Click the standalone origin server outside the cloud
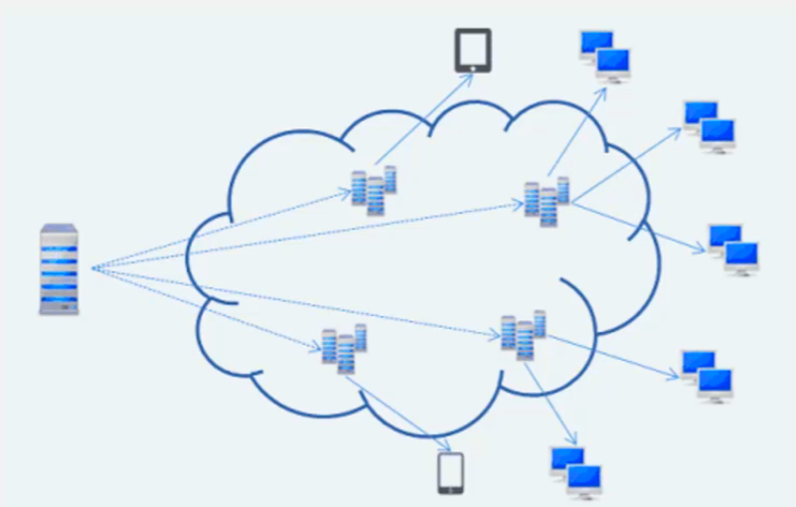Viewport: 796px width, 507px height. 59,269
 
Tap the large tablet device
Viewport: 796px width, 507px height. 474,50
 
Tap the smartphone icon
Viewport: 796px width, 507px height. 451,473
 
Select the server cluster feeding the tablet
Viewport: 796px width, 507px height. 374,190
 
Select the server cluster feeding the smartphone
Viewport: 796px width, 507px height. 344,349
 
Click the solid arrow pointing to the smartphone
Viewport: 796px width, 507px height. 398,408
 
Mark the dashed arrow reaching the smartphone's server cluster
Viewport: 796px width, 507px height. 209,307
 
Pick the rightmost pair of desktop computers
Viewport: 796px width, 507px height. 733,249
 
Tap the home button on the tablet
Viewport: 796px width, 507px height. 474,68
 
